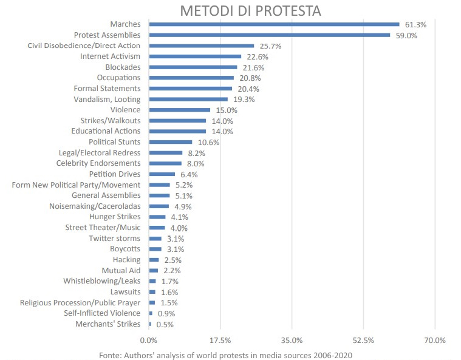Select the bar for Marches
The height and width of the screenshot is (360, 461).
click(x=274, y=24)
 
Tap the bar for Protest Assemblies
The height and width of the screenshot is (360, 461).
click(x=269, y=35)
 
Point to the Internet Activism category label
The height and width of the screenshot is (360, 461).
click(x=110, y=56)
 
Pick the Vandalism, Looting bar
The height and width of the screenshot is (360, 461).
click(x=188, y=99)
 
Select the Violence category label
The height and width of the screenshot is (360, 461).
click(x=125, y=110)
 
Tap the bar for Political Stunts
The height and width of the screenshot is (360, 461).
click(x=171, y=142)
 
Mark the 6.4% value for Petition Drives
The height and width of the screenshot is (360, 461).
click(x=190, y=175)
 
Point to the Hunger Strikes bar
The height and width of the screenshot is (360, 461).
click(x=157, y=217)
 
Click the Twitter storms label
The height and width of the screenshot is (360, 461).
click(x=114, y=238)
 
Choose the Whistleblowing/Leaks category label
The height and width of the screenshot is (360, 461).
click(x=101, y=281)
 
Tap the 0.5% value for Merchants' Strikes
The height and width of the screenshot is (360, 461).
click(x=165, y=325)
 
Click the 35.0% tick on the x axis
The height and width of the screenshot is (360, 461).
click(x=292, y=340)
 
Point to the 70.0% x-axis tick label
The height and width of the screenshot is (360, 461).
click(x=434, y=340)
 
